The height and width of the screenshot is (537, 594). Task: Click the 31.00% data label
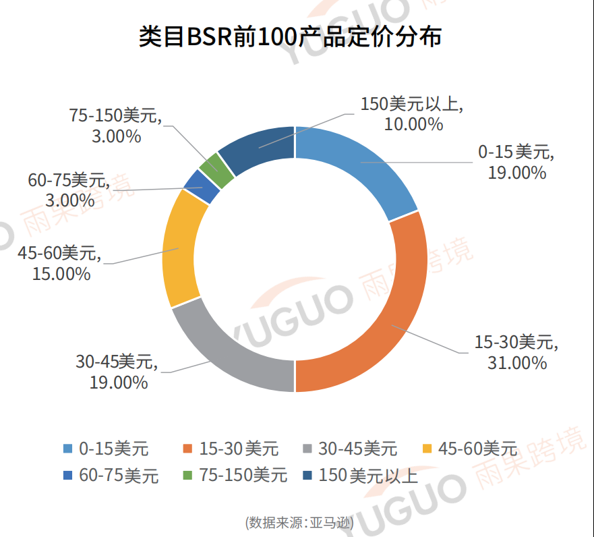[x=516, y=363]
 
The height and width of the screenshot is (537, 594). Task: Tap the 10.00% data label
[x=413, y=124]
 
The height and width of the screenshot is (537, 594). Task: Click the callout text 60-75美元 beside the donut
[x=68, y=180]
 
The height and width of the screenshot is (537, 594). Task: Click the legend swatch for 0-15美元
[x=68, y=449]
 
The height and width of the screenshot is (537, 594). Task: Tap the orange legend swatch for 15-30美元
[x=188, y=449]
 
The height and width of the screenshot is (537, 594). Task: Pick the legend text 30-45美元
[x=357, y=449]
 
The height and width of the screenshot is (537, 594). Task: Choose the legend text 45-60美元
[x=477, y=449]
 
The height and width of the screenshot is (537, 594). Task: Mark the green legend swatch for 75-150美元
[x=188, y=476]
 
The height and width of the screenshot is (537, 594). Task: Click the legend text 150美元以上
[x=369, y=476]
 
